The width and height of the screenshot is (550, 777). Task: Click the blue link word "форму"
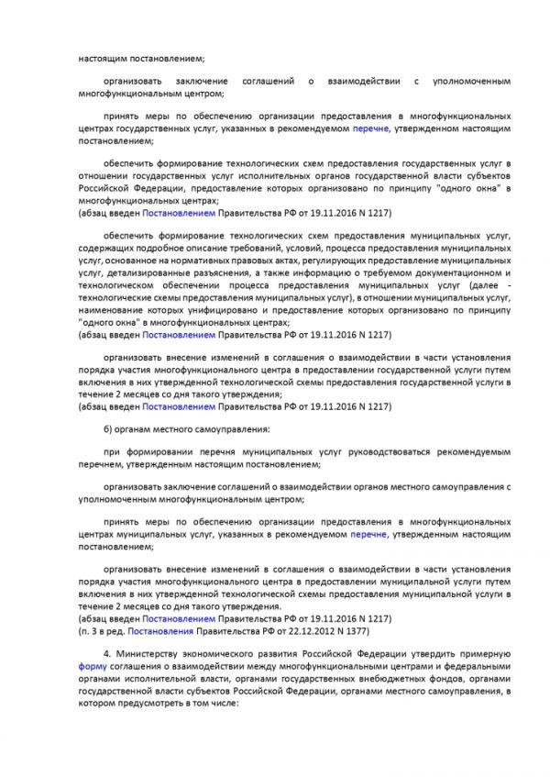pyautogui.click(x=92, y=667)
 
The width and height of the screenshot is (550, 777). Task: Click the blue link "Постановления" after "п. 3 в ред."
pyautogui.click(x=160, y=632)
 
